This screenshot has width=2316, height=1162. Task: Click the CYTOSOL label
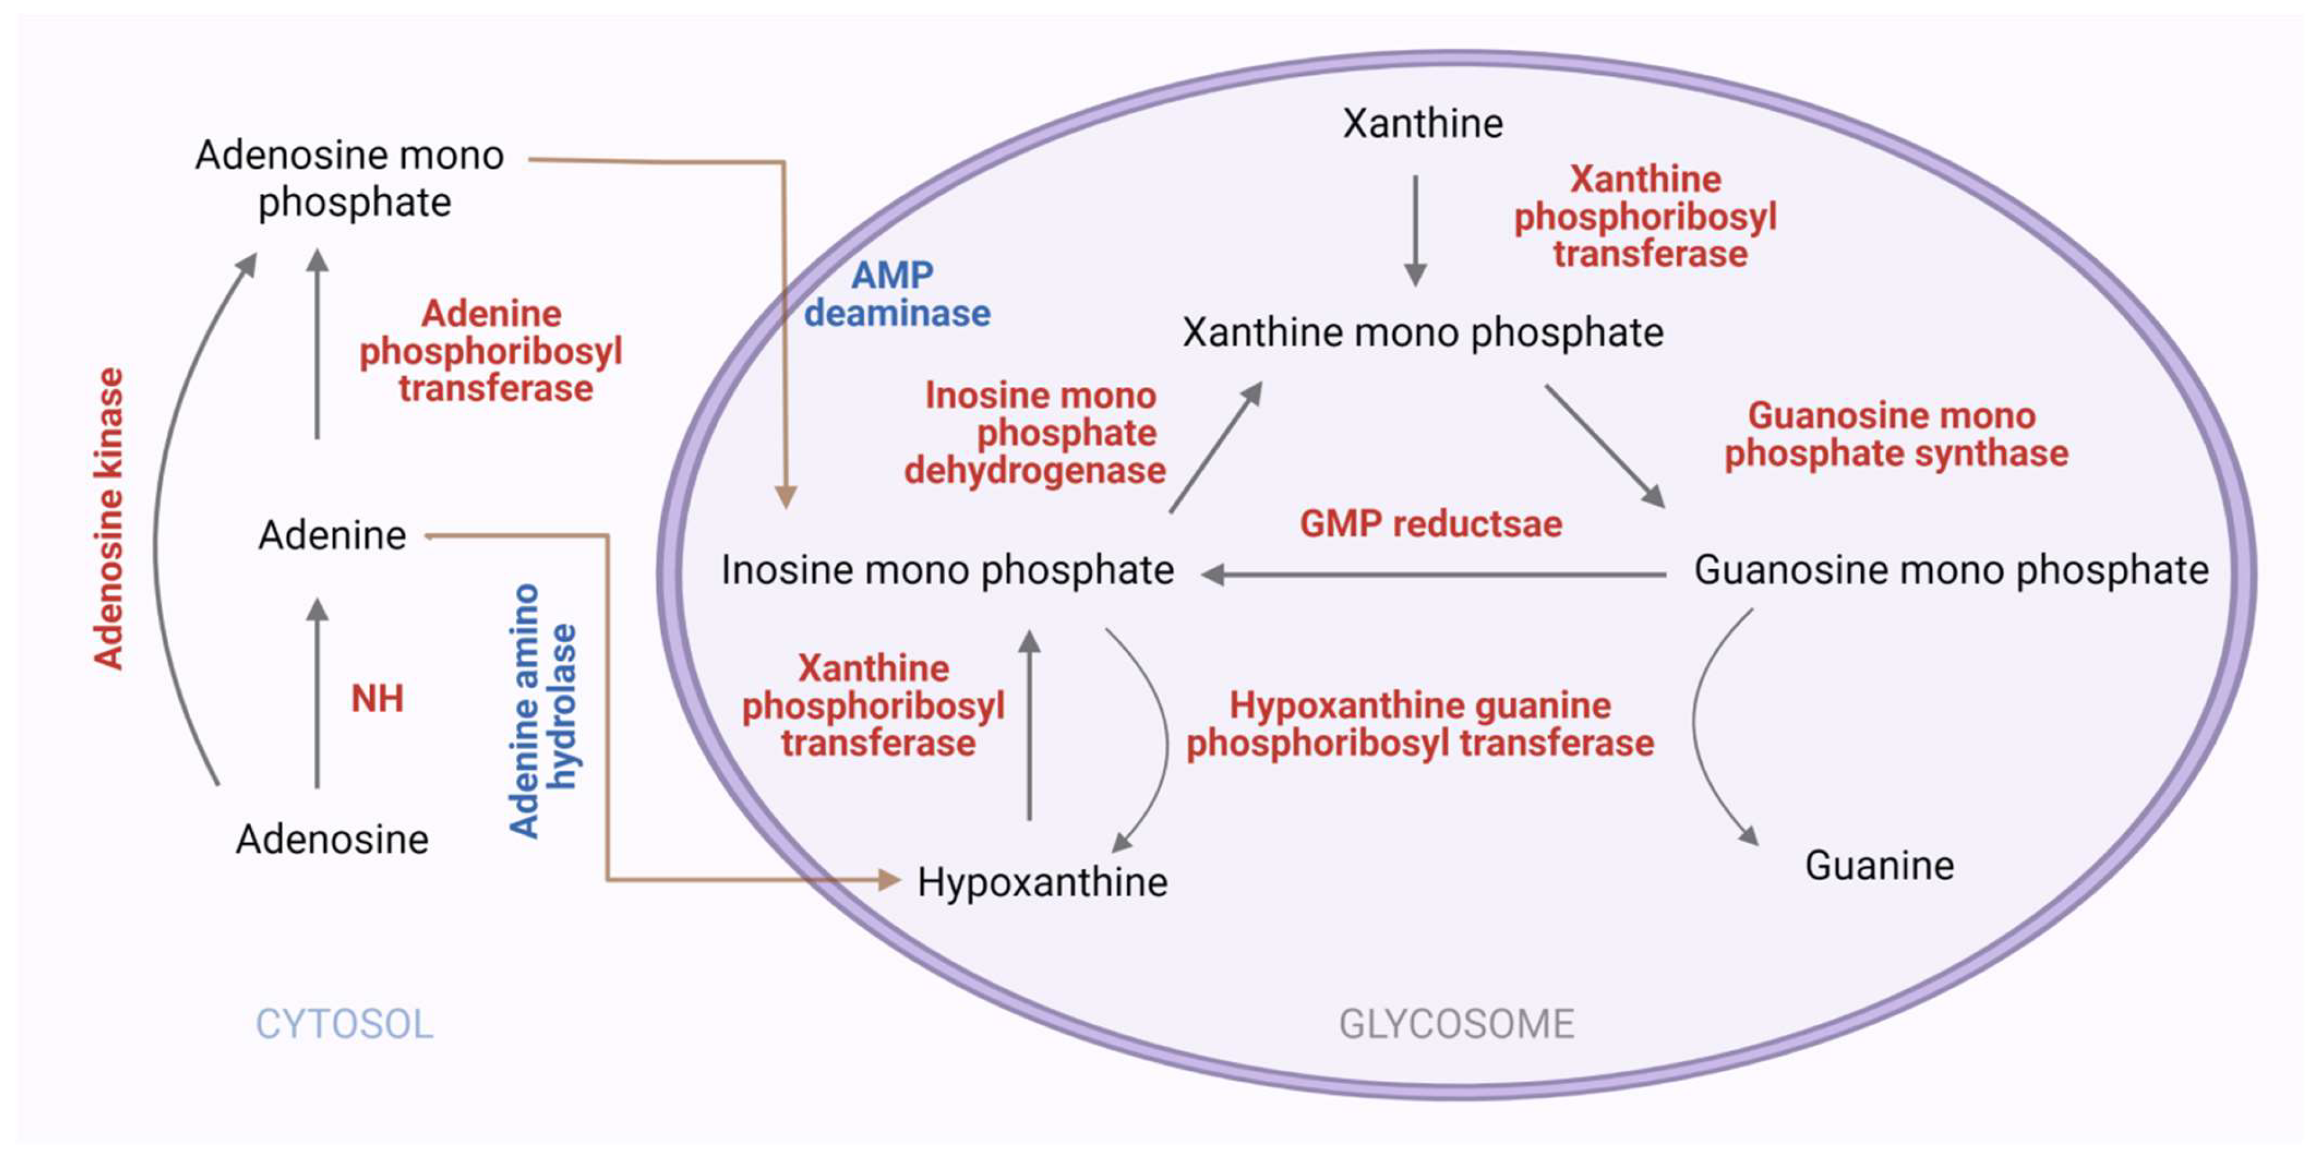tap(345, 1023)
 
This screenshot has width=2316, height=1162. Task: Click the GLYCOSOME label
tap(1456, 1023)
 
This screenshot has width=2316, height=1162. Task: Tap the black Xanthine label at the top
tap(1422, 123)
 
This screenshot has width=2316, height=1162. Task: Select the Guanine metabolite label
tap(1879, 865)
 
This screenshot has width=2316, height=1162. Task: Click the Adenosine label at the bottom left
tap(332, 839)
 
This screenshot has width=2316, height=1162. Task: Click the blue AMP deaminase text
tap(896, 294)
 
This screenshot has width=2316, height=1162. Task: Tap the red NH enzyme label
tap(376, 699)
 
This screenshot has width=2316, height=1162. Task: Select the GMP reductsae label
tap(1430, 523)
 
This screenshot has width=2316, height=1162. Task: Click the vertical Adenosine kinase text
tap(109, 519)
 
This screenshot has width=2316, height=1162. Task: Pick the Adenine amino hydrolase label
tap(542, 711)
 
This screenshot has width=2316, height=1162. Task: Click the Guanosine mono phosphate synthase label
tap(1895, 435)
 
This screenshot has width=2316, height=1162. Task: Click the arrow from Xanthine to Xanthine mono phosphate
tap(1415, 229)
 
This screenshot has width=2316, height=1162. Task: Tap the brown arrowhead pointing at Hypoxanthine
tap(887, 879)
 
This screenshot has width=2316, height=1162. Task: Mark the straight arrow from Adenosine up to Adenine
tap(317, 693)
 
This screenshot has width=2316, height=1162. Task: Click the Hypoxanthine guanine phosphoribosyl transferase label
tap(1420, 724)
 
